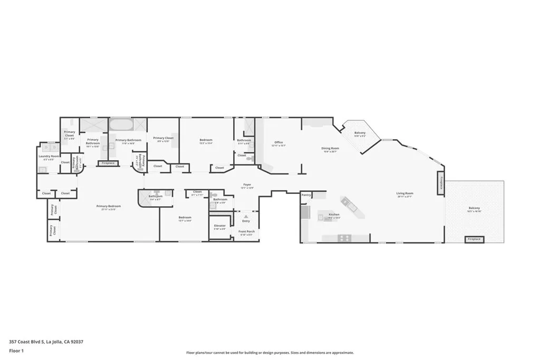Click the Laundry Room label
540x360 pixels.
pos(49,157)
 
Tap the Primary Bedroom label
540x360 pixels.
pos(108,207)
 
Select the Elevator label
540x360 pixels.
pos(220,226)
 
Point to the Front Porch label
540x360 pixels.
pos(246,232)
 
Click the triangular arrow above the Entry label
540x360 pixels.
pos(246,216)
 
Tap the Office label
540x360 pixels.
pos(278,142)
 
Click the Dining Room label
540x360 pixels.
pos(330,149)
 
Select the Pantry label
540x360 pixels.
pos(306,195)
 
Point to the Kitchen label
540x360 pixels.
pos(334,215)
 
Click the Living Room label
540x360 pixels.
pos(404,194)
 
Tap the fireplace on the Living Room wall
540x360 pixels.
pos(441,182)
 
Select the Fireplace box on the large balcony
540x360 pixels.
pos(474,239)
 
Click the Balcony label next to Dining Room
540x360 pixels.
pos(360,133)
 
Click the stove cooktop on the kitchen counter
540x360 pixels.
pos(344,238)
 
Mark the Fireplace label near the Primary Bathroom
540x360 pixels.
pos(108,163)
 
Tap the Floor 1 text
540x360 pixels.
pos(16,351)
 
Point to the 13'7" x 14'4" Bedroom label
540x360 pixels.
pos(185,218)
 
